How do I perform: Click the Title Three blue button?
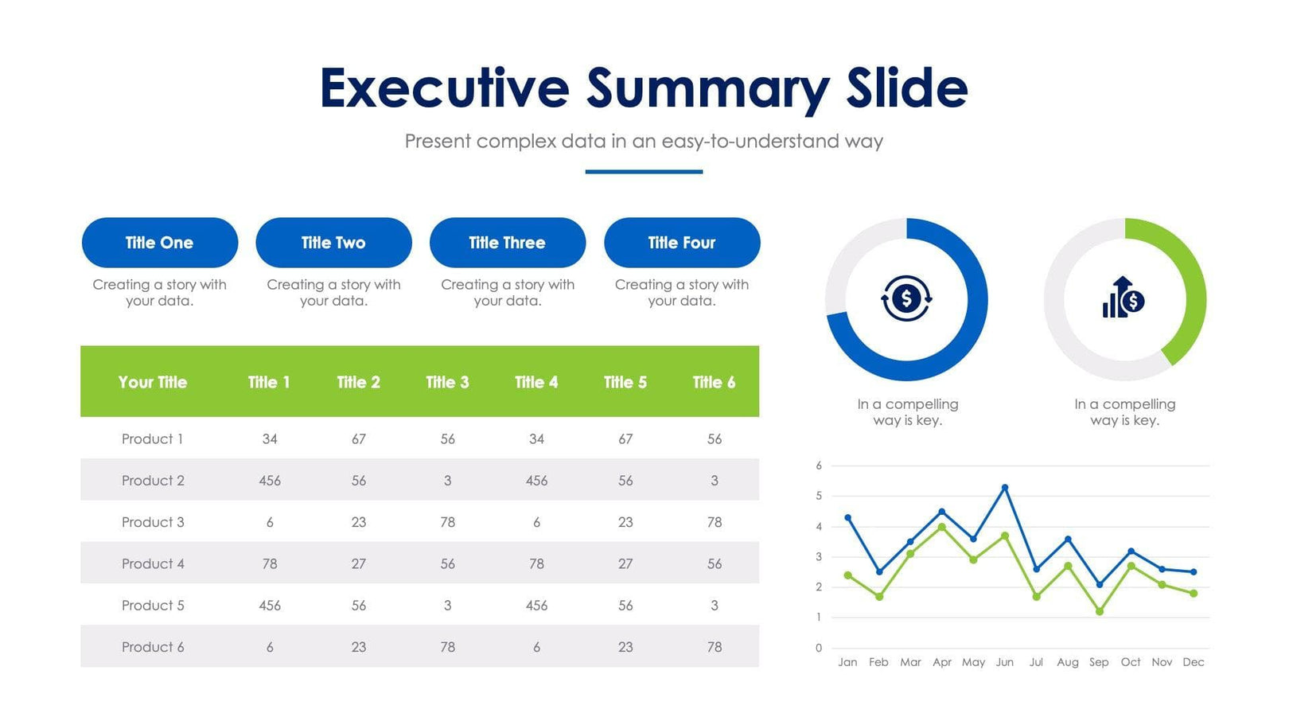click(508, 243)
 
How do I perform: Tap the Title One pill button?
click(160, 243)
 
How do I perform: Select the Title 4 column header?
click(536, 382)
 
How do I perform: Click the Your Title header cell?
click(153, 382)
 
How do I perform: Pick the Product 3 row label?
click(153, 522)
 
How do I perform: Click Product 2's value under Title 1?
click(270, 481)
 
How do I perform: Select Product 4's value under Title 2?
click(359, 563)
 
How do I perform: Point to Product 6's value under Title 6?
click(715, 647)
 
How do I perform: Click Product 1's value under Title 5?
click(625, 439)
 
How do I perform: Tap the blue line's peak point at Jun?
click(1005, 487)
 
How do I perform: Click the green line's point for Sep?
click(1100, 611)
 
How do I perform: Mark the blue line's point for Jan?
click(848, 517)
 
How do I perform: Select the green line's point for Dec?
click(1194, 593)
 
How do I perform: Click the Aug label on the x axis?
click(1068, 662)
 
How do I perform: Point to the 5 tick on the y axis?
click(819, 496)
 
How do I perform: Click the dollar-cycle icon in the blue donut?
click(906, 299)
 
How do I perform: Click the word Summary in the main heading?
click(708, 88)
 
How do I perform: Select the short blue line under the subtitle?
click(644, 171)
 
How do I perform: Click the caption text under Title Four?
click(682, 293)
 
